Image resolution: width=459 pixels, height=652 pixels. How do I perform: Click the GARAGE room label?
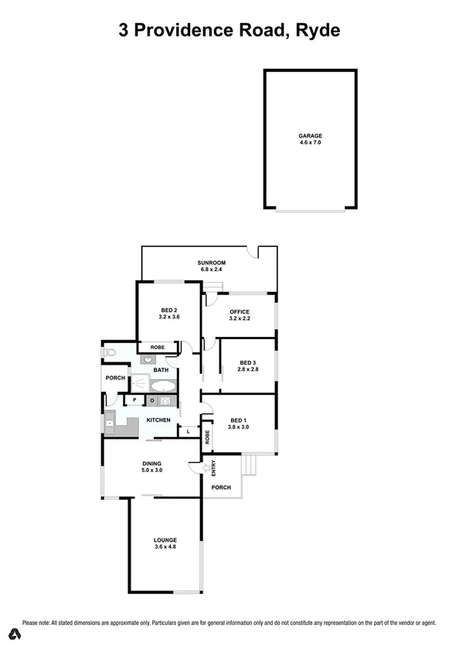click(x=310, y=136)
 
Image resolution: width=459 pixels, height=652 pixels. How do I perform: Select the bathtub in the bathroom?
click(x=163, y=385)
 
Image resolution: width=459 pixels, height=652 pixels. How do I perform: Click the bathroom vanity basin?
click(x=147, y=359)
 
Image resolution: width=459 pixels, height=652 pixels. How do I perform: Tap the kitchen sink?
click(x=110, y=423)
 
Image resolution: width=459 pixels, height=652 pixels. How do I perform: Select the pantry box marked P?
click(x=134, y=400)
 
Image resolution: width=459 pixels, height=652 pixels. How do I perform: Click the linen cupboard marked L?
click(x=189, y=431)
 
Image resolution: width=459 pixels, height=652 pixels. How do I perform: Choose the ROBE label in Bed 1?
click(x=207, y=436)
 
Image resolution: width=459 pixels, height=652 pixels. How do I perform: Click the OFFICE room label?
click(x=239, y=311)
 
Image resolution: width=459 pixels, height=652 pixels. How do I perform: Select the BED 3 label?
click(x=246, y=363)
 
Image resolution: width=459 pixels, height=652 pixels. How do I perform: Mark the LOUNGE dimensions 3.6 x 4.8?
click(x=165, y=548)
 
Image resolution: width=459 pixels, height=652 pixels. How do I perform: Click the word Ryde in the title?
click(x=314, y=31)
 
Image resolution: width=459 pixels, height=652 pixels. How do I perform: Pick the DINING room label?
click(x=151, y=463)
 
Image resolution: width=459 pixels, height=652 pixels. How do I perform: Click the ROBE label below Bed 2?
click(x=157, y=347)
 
